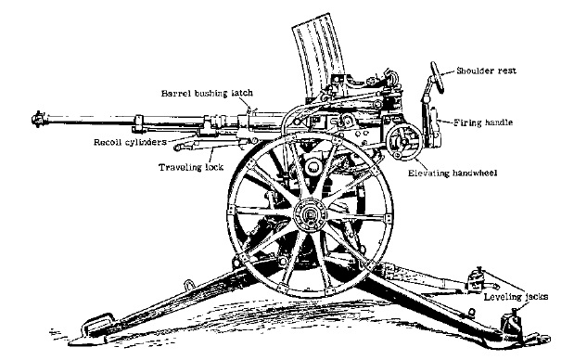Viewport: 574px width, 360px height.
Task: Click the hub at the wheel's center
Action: click(306, 215)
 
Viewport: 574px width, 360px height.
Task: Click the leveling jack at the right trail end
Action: click(510, 325)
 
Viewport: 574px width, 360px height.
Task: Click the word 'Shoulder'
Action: click(474, 71)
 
